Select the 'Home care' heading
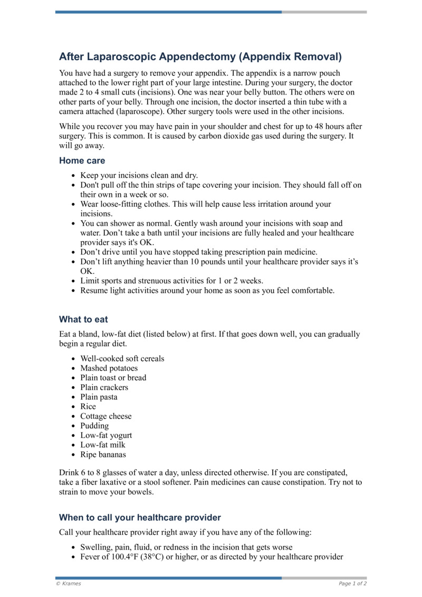[x=82, y=160]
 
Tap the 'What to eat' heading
[x=83, y=319]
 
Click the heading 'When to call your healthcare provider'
[x=140, y=517]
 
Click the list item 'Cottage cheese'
[x=105, y=416]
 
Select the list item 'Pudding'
[x=94, y=425]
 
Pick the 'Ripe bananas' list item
[x=103, y=454]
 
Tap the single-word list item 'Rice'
[x=88, y=406]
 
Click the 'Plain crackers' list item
[x=104, y=387]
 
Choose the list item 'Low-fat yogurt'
[x=106, y=435]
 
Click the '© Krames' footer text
[x=69, y=583]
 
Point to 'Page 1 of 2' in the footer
[x=352, y=583]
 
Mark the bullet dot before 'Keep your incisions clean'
[x=73, y=176]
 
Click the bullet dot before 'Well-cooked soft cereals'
[x=73, y=359]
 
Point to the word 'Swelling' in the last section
[x=95, y=547]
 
